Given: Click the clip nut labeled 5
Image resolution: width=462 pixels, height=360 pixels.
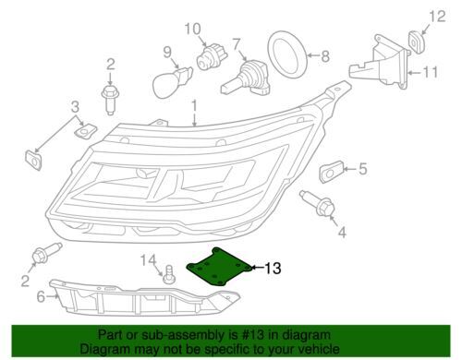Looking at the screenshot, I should click(333, 170).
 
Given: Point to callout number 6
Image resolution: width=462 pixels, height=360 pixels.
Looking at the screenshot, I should click(41, 297).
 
